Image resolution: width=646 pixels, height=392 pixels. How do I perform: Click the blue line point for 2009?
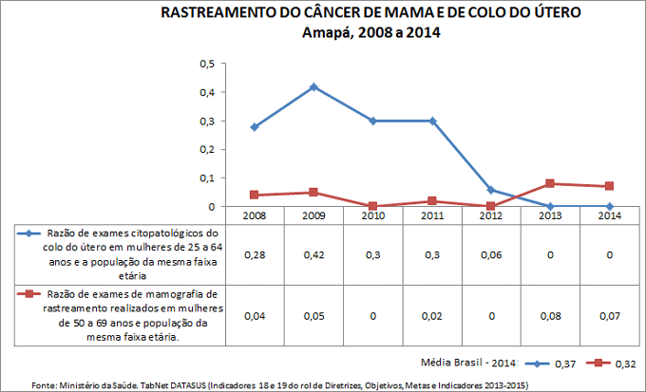[x=313, y=86]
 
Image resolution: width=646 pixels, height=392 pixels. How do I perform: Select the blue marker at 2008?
[x=255, y=126]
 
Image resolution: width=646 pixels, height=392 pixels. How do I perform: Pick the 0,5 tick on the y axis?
[x=207, y=64]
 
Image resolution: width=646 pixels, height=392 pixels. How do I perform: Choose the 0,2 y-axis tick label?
[x=207, y=149]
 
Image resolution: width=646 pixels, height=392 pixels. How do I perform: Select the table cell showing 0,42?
[x=313, y=255]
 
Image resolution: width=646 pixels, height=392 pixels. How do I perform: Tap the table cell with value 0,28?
[x=255, y=255]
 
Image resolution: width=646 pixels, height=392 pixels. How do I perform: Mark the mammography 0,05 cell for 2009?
[x=313, y=315]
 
